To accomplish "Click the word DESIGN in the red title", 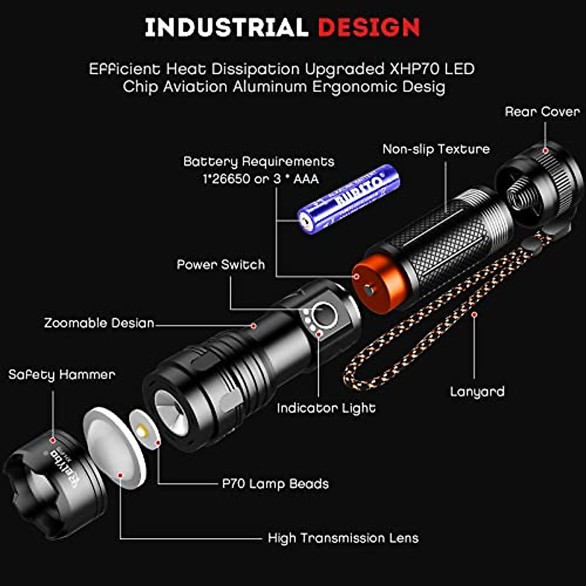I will (369, 27).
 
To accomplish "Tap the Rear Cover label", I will (542, 112).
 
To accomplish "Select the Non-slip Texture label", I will (436, 149).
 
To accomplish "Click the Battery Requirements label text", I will (259, 162).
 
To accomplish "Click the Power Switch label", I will (221, 265).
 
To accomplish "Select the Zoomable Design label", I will (99, 323).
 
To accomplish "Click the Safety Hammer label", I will (62, 375).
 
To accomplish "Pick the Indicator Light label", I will (326, 408).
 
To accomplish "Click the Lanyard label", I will (477, 392).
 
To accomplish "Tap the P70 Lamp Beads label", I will (275, 484).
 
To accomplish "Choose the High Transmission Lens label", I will (343, 538).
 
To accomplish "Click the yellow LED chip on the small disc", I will (143, 431).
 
